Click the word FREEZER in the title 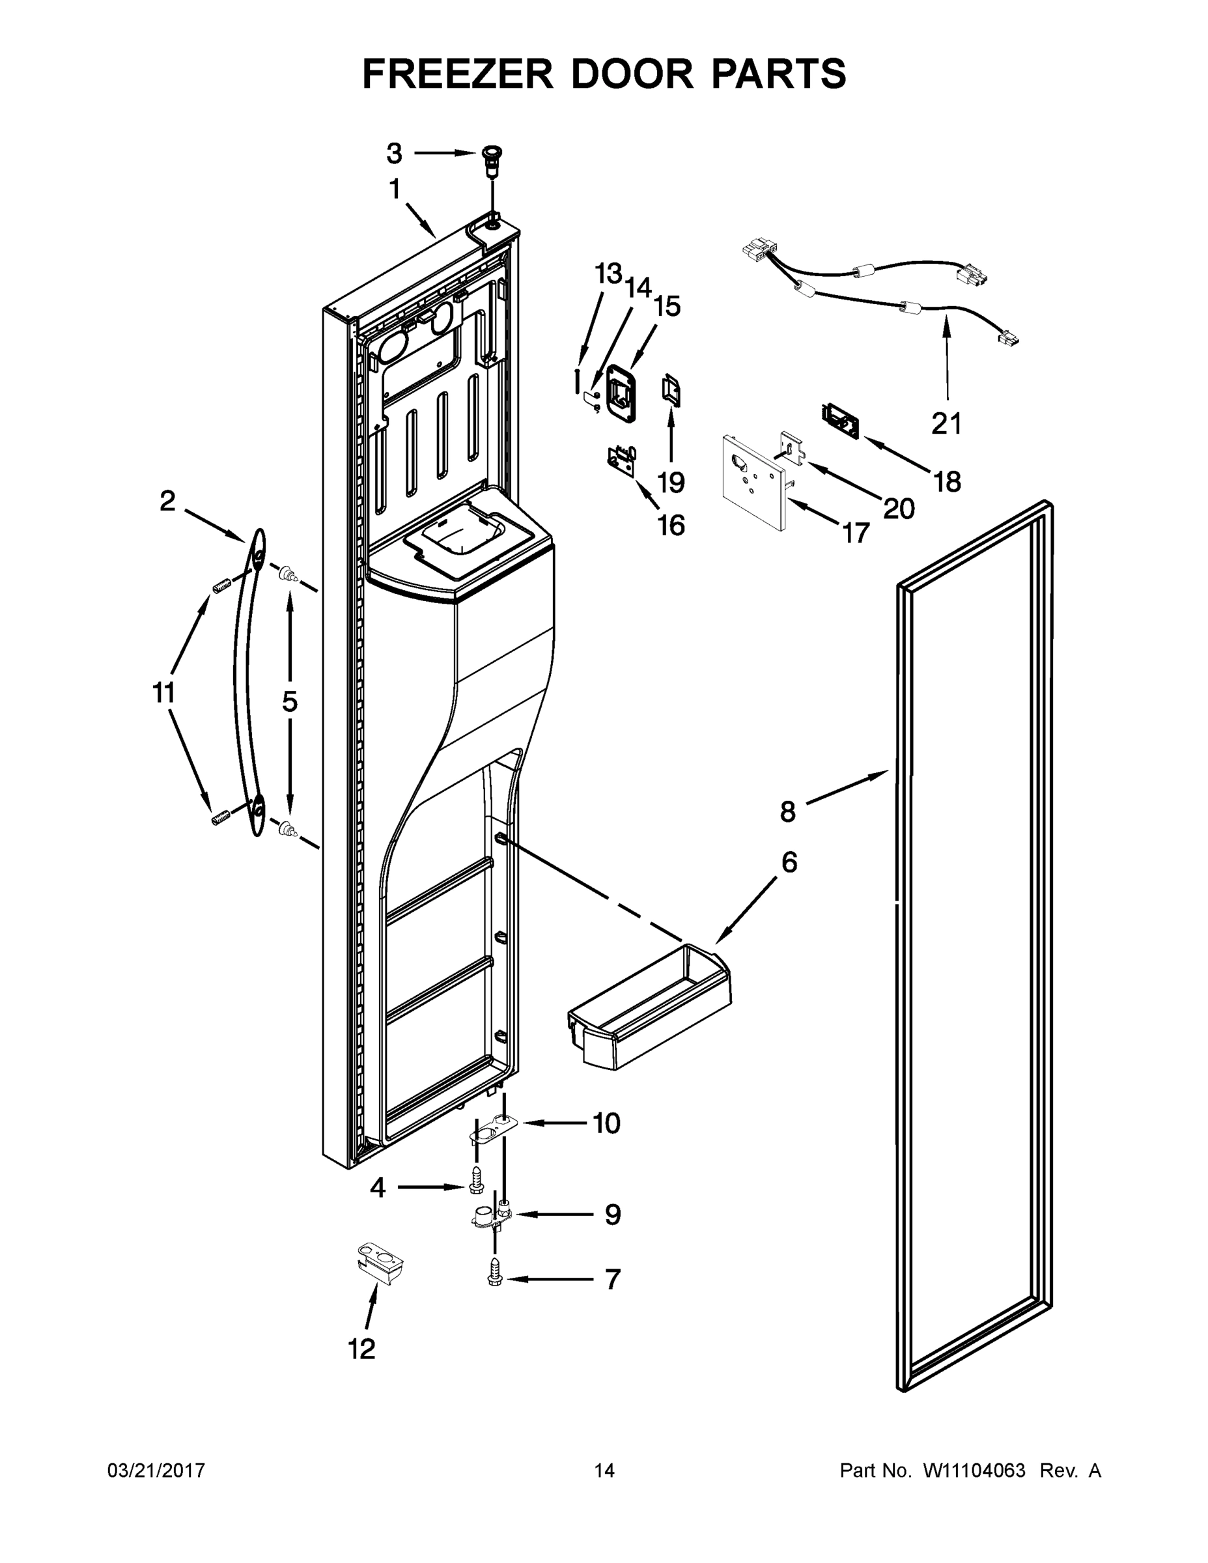point(458,74)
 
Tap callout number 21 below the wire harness point(946,424)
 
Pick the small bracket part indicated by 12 point(379,1265)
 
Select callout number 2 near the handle point(167,501)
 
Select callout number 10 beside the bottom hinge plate point(606,1123)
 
